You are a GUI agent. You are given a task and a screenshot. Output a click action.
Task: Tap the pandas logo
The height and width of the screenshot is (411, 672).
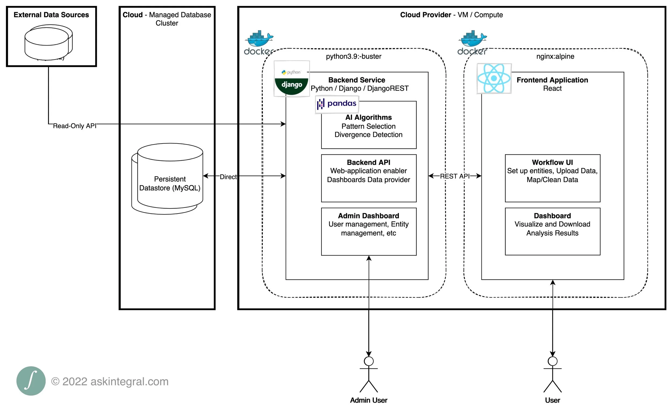[337, 104]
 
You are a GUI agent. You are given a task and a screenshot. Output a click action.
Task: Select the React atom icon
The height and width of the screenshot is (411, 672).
[494, 78]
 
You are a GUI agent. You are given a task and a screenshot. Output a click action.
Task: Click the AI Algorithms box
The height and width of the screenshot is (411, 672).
[369, 126]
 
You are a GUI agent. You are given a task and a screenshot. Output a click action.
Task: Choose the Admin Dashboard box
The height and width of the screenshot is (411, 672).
[369, 231]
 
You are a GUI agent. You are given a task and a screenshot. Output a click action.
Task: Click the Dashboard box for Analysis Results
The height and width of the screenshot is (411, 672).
[553, 231]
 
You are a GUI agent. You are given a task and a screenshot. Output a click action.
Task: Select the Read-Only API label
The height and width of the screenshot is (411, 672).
[74, 126]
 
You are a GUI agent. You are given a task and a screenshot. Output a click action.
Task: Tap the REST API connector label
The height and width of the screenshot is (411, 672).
[455, 176]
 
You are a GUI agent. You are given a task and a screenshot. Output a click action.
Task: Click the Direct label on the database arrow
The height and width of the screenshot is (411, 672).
[228, 177]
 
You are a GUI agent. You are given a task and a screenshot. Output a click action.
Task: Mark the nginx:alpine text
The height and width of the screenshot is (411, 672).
[555, 56]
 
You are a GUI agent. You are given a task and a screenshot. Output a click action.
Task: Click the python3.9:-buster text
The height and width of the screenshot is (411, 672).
[353, 56]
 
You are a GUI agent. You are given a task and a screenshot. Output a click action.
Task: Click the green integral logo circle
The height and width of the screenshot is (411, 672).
[31, 381]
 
